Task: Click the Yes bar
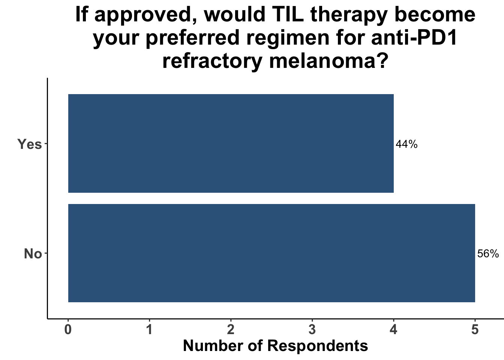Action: point(231,143)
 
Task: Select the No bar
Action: point(271,253)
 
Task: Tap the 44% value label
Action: point(406,144)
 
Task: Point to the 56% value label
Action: point(488,254)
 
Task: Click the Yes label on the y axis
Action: point(29,144)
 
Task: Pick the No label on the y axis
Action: point(33,254)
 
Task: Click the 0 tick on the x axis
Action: point(68,330)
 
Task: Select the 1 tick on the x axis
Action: point(149,330)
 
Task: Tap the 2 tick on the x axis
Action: point(231,330)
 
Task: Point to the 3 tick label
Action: point(312,330)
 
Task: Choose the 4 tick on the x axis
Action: point(393,330)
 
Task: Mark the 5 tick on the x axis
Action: point(475,330)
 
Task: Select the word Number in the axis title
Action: point(213,346)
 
